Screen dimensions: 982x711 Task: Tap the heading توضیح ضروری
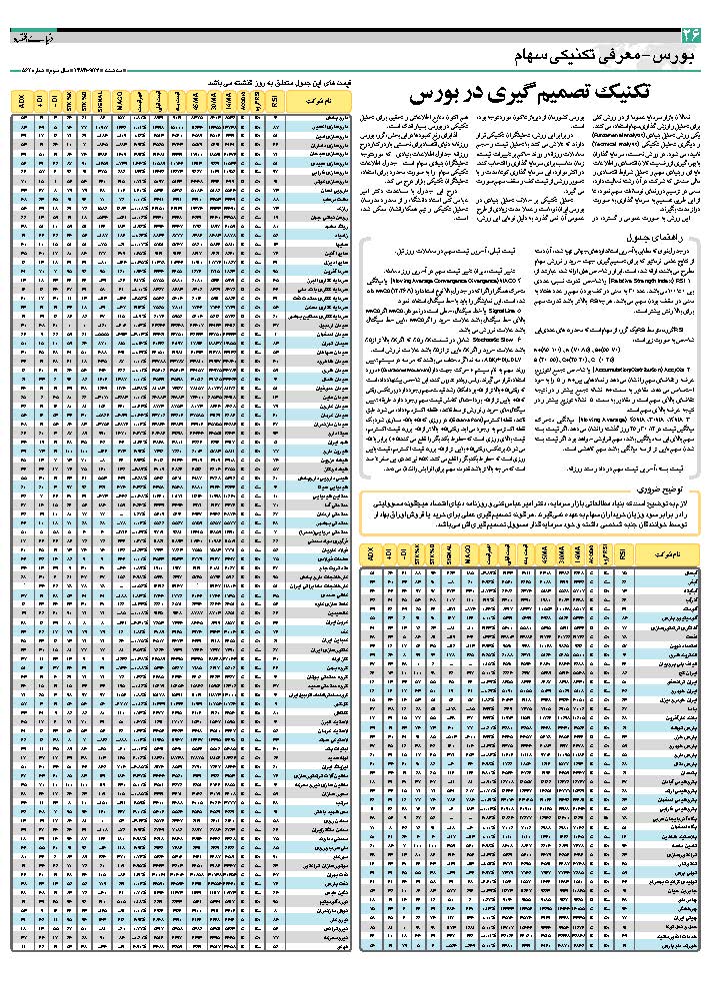click(666, 491)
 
